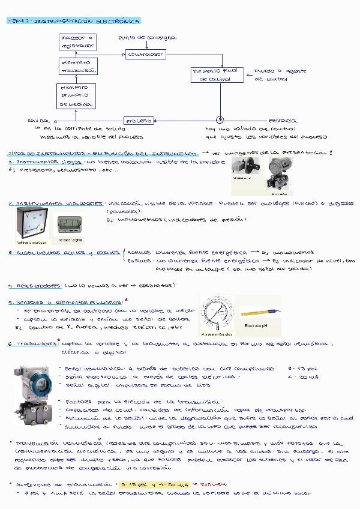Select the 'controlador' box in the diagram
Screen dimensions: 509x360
(146, 54)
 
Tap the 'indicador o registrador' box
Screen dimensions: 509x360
(77, 41)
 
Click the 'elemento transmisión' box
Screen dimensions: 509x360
(77, 66)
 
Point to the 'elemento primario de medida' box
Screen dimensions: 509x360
(76, 95)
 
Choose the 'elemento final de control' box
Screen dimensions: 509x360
(215, 74)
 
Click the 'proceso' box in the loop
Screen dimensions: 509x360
(139, 120)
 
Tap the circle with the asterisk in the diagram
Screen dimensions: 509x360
(220, 119)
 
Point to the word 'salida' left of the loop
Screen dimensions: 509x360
(37, 121)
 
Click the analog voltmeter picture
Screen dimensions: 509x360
(28, 223)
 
